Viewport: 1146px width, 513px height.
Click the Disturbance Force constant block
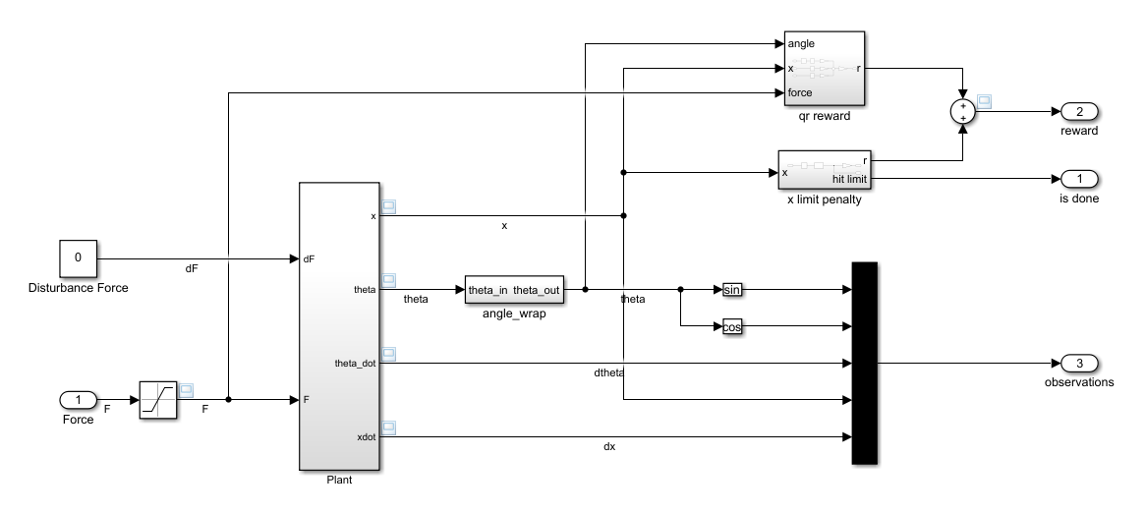pyautogui.click(x=79, y=258)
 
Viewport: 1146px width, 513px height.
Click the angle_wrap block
pyautogui.click(x=514, y=290)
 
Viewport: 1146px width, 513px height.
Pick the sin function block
pyautogui.click(x=731, y=290)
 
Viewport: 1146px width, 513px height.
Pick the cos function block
pyautogui.click(x=731, y=326)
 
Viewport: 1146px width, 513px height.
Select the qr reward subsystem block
pyautogui.click(x=824, y=68)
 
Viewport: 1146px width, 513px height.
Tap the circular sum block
pyautogui.click(x=964, y=111)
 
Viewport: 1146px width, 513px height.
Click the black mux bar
pyautogui.click(x=864, y=362)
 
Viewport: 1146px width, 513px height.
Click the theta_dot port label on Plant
pyautogui.click(x=356, y=363)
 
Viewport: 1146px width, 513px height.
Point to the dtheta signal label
pyautogui.click(x=609, y=373)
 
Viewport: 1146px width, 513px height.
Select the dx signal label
pyautogui.click(x=609, y=447)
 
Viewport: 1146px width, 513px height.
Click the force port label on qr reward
pyautogui.click(x=799, y=93)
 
